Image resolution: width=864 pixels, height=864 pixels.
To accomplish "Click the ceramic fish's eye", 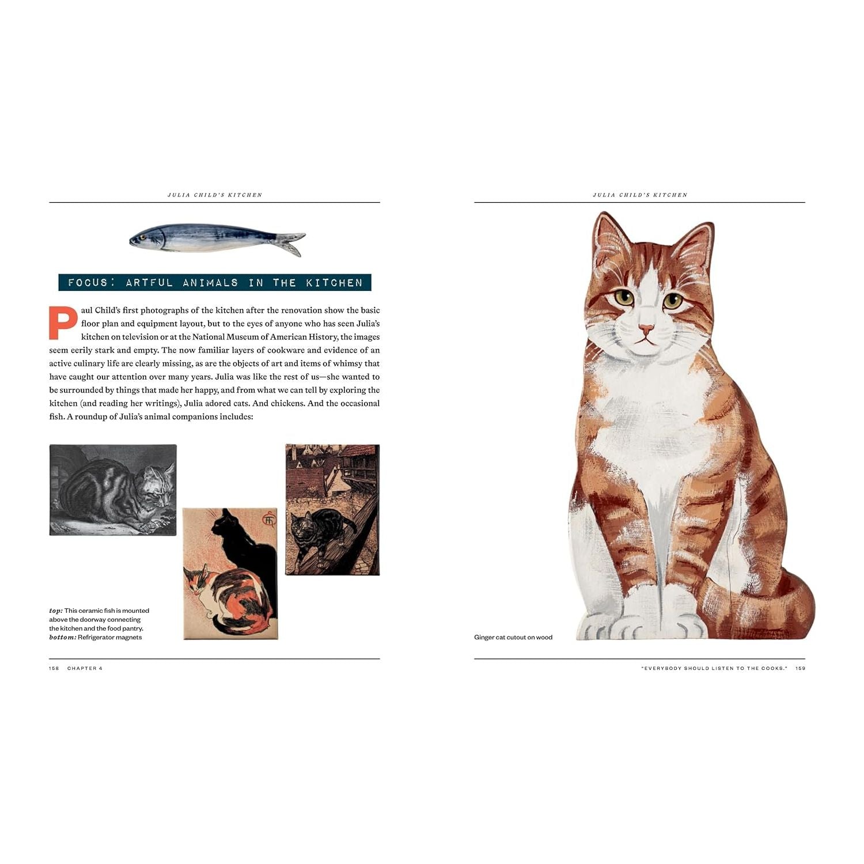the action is pos(142,237).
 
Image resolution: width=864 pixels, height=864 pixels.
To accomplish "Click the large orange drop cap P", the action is pos(63,323).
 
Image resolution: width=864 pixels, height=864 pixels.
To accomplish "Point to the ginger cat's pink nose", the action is pos(646,329).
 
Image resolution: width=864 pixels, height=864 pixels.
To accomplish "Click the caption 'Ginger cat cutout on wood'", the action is pos(513,637).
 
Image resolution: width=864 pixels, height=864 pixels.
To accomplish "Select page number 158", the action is pos(54,668).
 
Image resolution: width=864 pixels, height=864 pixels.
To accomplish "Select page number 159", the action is pos(800,668).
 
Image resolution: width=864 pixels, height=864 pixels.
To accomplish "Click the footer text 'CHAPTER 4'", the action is pos(85,668).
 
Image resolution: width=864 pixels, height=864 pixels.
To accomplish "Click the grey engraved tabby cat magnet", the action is pos(113,490).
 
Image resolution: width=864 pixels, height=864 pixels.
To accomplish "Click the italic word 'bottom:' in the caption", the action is pos(62,637).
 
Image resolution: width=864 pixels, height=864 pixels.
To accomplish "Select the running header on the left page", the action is pos(215,195).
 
